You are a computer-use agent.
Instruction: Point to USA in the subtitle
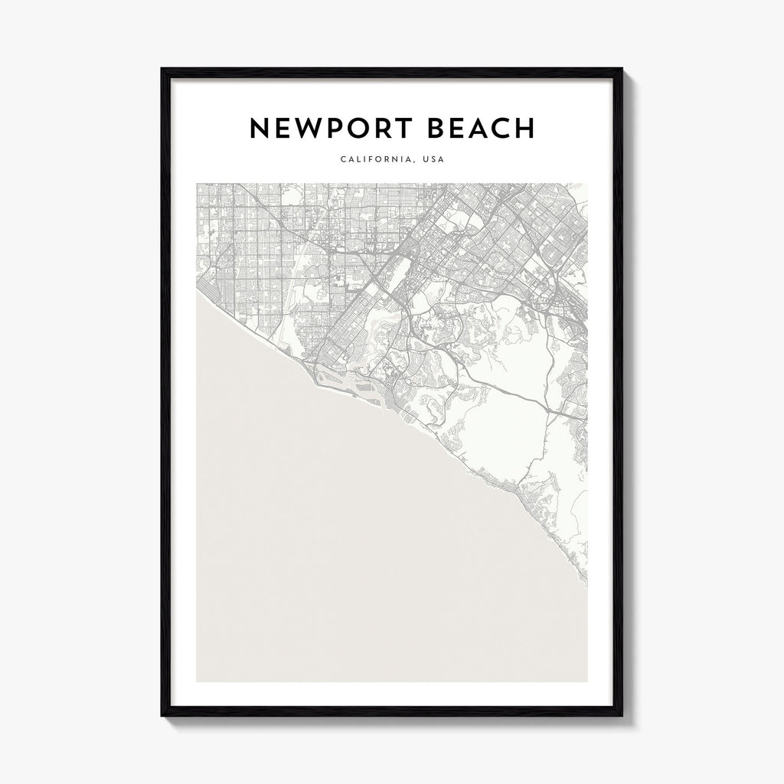pyautogui.click(x=433, y=160)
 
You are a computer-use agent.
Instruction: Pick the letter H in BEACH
pyautogui.click(x=524, y=129)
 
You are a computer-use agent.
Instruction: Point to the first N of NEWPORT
pyautogui.click(x=260, y=129)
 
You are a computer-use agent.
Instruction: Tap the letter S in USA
pyautogui.click(x=434, y=160)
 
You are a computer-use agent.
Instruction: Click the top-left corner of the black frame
pyautogui.click(x=162, y=69)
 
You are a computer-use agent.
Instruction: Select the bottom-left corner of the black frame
pyautogui.click(x=162, y=715)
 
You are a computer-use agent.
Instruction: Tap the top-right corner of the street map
pyautogui.click(x=587, y=184)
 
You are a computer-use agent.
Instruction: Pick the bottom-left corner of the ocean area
pyautogui.click(x=197, y=681)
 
